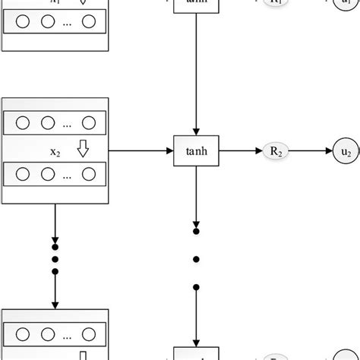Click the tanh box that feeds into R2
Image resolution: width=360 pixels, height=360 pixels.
pos(196,151)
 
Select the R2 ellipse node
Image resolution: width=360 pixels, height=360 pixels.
pos(276,151)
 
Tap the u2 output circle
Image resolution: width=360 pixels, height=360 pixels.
pos(346,151)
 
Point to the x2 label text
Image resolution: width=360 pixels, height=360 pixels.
pos(55,152)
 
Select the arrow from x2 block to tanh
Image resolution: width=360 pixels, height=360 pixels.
pos(141,151)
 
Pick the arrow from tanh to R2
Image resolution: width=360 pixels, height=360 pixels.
pos(240,151)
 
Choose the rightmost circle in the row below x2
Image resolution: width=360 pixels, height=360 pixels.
pos(88,175)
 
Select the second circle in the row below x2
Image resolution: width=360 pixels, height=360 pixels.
pos(47,175)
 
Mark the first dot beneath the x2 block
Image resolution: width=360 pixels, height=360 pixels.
pos(55,246)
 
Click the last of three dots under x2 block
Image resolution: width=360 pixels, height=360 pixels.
pos(55,272)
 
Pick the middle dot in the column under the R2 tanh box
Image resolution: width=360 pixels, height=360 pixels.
pos(196,259)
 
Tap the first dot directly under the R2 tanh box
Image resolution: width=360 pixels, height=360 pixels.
pos(196,231)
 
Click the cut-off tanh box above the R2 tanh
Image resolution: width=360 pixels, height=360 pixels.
pos(196,7)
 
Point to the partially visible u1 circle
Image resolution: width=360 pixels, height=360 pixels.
pos(346,5)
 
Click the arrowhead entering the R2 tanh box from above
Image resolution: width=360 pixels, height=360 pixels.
pos(196,131)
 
